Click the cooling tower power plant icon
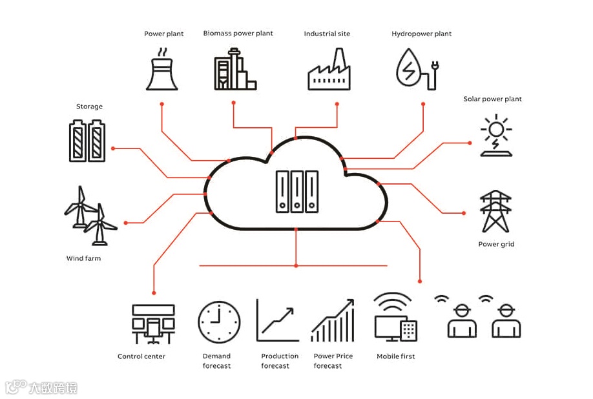pos(162,73)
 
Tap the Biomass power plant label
pos(238,34)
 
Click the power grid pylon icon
pos(495,211)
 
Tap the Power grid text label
pos(495,245)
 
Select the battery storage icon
pos(87,139)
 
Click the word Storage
pos(89,107)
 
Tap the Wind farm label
pos(83,259)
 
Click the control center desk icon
pos(153,323)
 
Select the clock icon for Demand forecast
pos(219,322)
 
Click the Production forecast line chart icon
pos(278,320)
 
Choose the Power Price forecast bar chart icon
pos(333,320)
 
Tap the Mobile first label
pos(395,356)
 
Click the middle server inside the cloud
pos(296,191)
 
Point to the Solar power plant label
pos(492,99)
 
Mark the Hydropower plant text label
pos(421,34)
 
